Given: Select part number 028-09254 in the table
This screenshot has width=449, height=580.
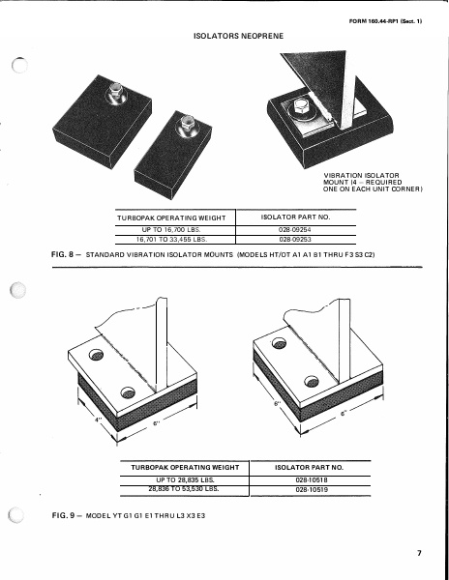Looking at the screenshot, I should pyautogui.click(x=297, y=229).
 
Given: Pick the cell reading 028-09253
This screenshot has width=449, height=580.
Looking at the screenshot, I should pyautogui.click(x=297, y=239).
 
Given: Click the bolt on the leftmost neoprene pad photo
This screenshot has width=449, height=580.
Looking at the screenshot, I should pyautogui.click(x=116, y=93).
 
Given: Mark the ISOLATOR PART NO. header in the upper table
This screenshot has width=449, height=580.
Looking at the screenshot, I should pyautogui.click(x=297, y=217).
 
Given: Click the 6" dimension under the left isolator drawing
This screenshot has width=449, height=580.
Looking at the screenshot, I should pyautogui.click(x=161, y=425).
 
